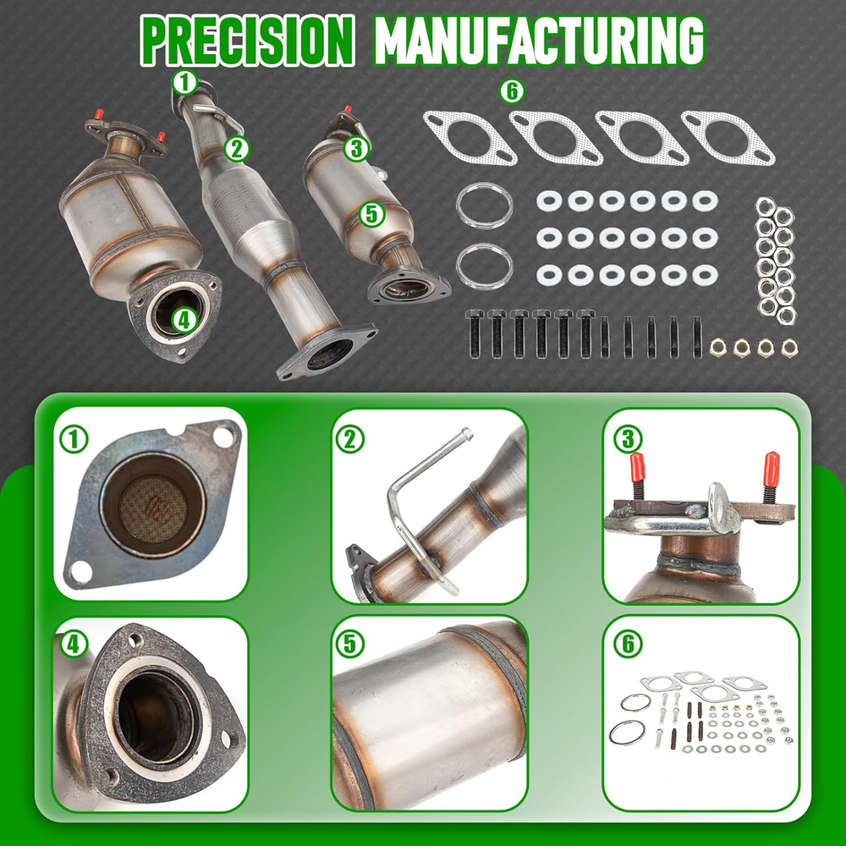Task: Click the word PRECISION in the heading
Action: tap(247, 41)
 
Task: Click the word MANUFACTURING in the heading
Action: tap(538, 41)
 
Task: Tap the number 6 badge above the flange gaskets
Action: tap(512, 91)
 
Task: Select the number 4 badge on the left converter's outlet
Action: tap(184, 321)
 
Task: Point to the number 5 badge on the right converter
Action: tap(371, 214)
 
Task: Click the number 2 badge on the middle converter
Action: tap(238, 149)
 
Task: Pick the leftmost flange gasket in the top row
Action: tap(470, 138)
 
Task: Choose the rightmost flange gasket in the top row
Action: tap(728, 138)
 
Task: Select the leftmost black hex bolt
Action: tap(474, 334)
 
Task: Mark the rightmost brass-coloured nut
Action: tap(788, 348)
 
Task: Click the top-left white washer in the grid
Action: tap(549, 201)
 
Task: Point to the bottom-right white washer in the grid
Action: tap(705, 276)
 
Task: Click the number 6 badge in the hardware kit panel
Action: tap(628, 644)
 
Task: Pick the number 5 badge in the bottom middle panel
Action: tap(349, 644)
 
